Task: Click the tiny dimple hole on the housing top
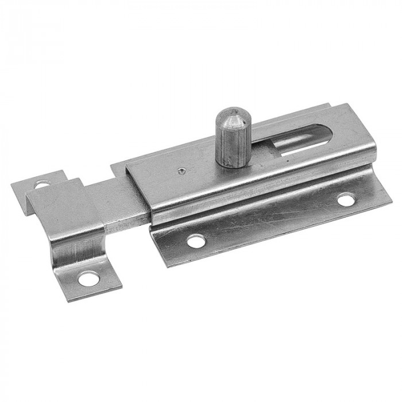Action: (181, 169)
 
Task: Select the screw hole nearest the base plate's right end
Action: (345, 200)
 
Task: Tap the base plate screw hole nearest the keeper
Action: (196, 241)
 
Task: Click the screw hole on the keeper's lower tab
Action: (87, 279)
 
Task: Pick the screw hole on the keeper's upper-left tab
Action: (41, 185)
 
